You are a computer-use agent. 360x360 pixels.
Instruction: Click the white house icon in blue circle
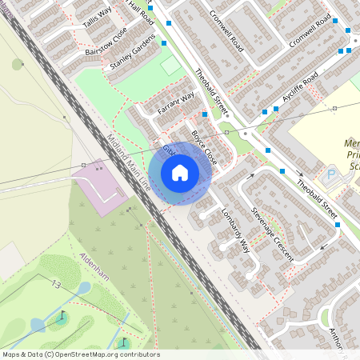(180, 173)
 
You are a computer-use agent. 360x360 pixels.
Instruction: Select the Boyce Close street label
(204, 143)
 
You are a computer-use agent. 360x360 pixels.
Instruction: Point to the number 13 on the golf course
(55, 285)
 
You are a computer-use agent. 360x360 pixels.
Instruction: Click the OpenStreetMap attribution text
(81, 354)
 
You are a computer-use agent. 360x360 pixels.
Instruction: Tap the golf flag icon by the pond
(63, 314)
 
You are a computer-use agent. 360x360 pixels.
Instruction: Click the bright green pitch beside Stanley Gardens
(170, 66)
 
